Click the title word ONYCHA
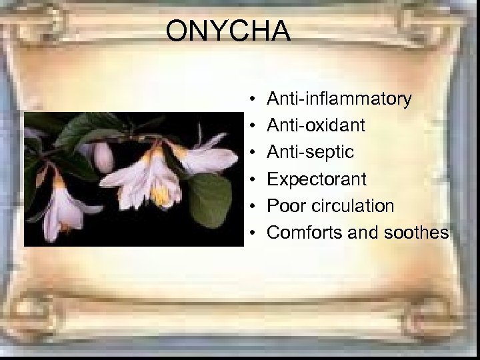228,31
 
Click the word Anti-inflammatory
339,99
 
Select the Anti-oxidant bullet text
317,125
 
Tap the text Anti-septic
310,153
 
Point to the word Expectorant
317,179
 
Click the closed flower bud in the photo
103,157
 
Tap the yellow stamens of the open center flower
160,195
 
